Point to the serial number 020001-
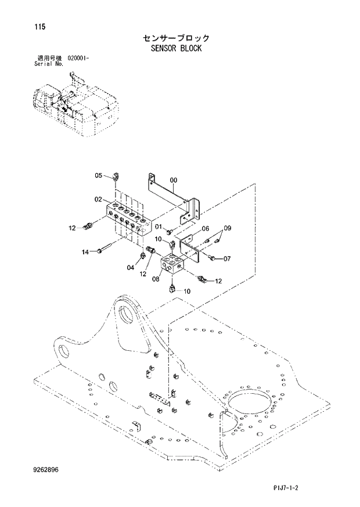82,59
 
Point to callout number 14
85,251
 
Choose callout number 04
129,267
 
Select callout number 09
228,228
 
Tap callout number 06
205,228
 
